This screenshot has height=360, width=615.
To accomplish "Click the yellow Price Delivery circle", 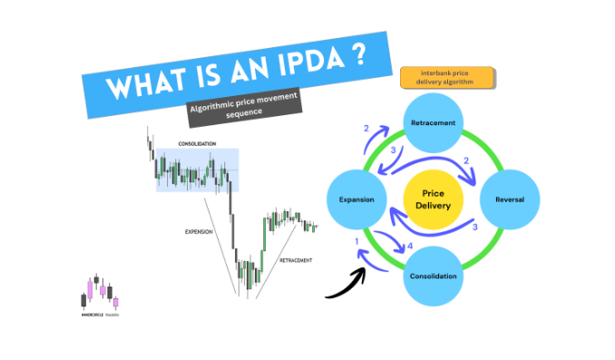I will [x=433, y=199].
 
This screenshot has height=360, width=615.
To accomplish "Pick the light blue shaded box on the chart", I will [x=196, y=170].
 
